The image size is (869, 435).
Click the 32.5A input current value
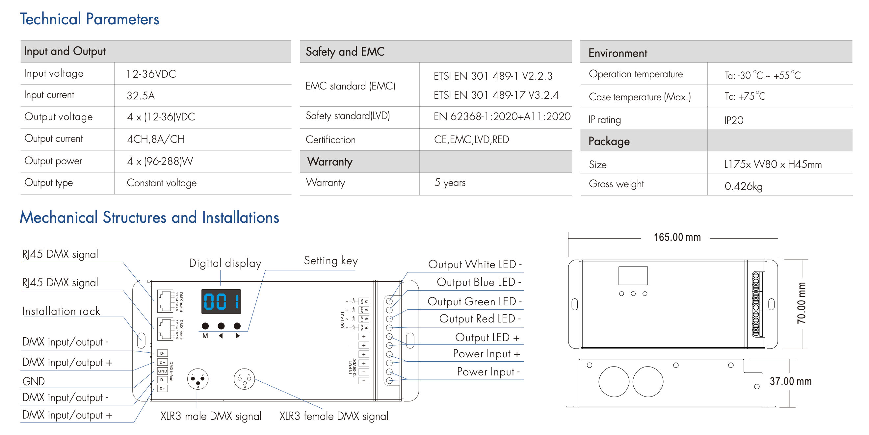pos(141,96)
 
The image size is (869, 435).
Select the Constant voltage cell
pos(162,183)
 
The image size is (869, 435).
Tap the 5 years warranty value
pos(450,183)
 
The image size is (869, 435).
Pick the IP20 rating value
pos(733,120)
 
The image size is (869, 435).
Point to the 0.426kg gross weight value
pos(743,186)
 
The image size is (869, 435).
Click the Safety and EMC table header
pos(345,52)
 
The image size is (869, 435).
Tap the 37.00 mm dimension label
pos(790,381)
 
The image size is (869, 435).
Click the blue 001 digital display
pos(221,301)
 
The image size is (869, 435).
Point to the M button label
pos(205,336)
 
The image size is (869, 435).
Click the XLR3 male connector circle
pos(198,379)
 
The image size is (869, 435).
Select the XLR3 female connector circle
pos(244,379)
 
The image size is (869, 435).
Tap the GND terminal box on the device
pos(162,371)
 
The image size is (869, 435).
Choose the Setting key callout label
pos(330,261)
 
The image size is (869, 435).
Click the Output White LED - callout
pos(475,264)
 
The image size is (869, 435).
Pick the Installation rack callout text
pos(61,311)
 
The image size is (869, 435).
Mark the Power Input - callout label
pos(488,371)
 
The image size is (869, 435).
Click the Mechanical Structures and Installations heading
pos(149,217)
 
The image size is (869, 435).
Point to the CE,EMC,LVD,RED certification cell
pos(471,140)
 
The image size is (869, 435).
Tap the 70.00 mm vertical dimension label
pos(801,303)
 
